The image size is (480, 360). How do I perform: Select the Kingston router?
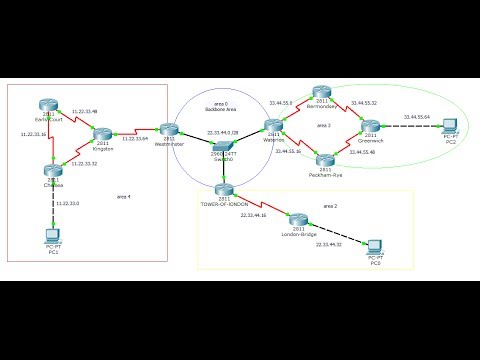[102, 134]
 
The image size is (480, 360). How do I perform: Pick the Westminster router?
[169, 129]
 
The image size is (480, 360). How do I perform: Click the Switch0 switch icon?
[221, 148]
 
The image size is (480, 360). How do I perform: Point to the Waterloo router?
[273, 126]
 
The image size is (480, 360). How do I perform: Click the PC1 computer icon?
[52, 236]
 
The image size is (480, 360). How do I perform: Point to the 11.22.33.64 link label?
[136, 138]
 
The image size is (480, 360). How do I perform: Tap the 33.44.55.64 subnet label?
[416, 117]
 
